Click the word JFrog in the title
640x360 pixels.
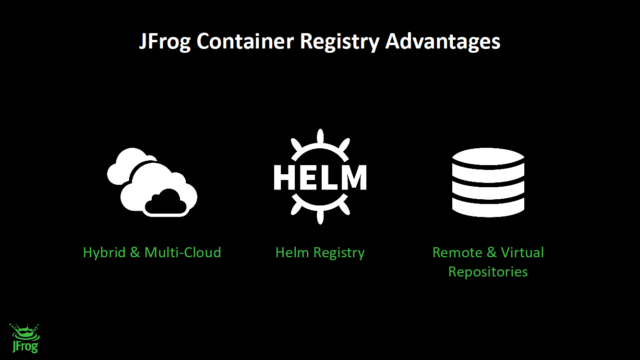(x=165, y=42)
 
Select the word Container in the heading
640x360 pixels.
(x=245, y=42)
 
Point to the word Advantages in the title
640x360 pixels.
(x=443, y=42)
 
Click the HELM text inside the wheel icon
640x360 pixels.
(x=320, y=177)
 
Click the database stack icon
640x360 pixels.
(x=488, y=182)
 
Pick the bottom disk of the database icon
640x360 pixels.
(x=488, y=207)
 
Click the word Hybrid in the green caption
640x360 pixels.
(x=104, y=252)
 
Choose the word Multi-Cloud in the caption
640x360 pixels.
(x=183, y=252)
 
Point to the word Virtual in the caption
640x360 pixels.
(x=522, y=252)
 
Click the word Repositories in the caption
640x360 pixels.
(x=488, y=272)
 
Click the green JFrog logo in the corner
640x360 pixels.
(x=24, y=338)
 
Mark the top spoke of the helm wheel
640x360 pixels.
(x=320, y=136)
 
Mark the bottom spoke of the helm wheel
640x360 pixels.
(x=320, y=217)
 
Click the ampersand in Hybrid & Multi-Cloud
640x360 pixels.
(x=135, y=252)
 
